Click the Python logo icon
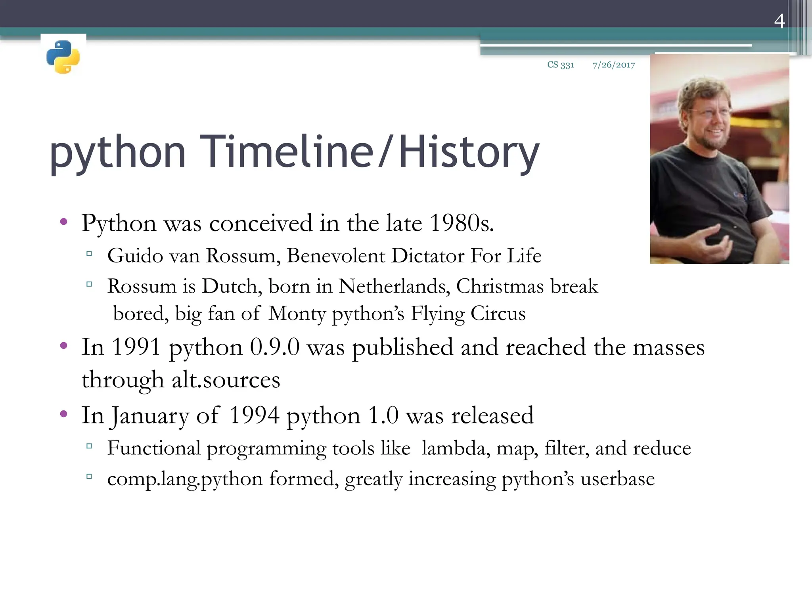coord(63,57)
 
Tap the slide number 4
coord(779,21)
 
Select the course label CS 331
coord(561,65)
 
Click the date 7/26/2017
coord(614,65)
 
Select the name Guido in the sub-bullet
coord(135,256)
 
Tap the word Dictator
coord(427,256)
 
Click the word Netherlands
coord(394,286)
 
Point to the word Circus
coord(498,314)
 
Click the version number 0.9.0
coord(275,347)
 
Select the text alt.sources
coord(226,380)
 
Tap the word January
coord(149,416)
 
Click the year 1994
coord(254,416)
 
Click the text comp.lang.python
coord(185,479)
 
